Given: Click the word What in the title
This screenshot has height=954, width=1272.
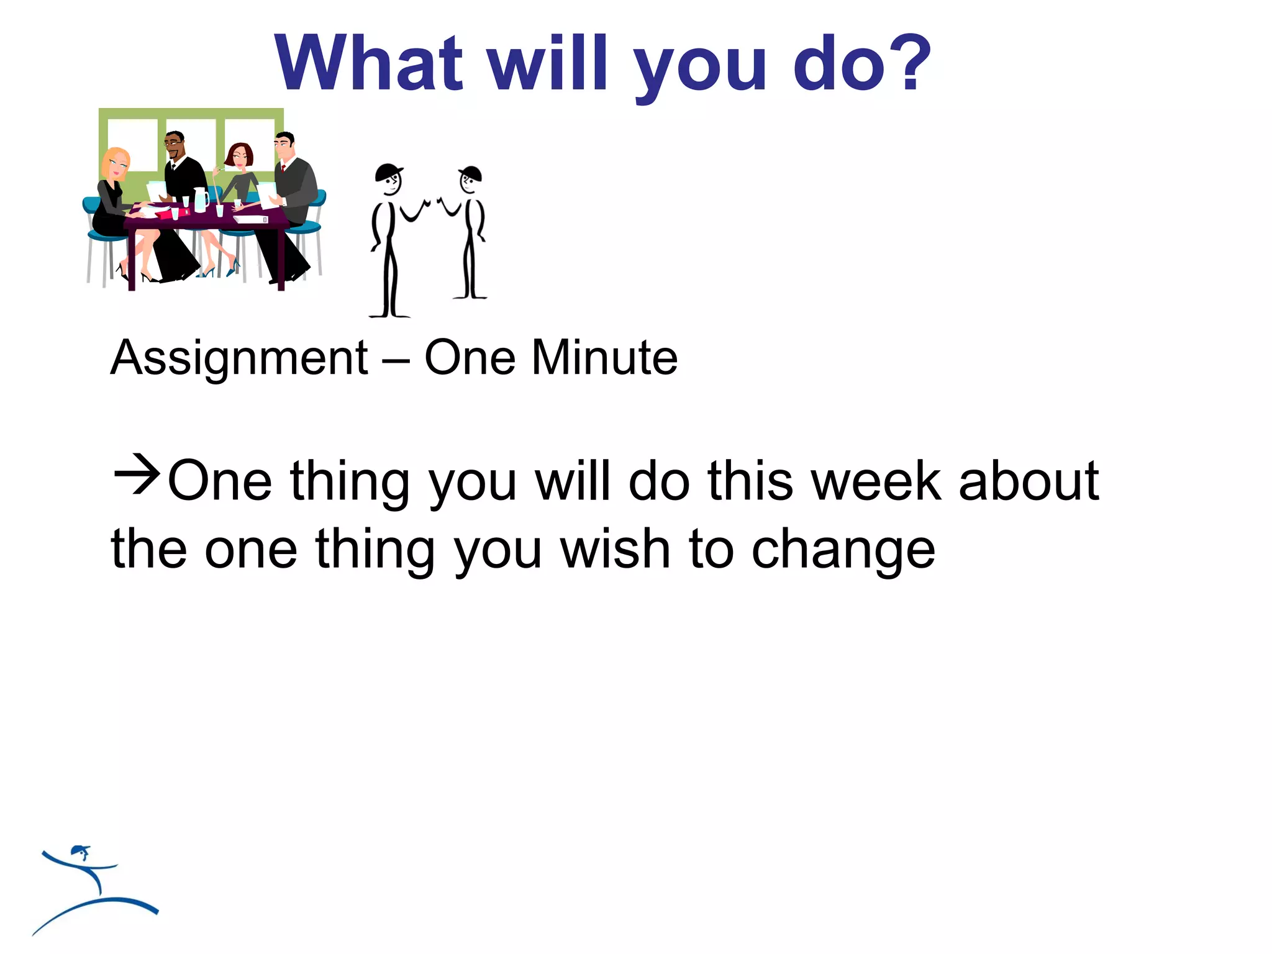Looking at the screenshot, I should [369, 63].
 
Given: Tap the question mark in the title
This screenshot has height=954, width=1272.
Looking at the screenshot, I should [907, 63].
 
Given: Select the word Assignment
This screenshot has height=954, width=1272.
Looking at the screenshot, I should [239, 358].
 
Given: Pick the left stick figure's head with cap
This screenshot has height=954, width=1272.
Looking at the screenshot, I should [389, 179].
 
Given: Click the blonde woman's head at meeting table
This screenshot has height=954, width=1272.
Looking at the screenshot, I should [116, 163].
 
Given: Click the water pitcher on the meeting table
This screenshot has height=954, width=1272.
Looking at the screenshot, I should [201, 199].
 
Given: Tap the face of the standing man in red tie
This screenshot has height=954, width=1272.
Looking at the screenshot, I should [284, 147].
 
